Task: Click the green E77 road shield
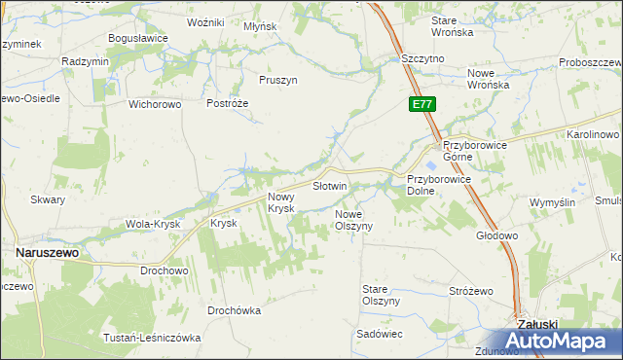[421, 104]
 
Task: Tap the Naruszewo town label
[47, 251]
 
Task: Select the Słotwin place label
[329, 185]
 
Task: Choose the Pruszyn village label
[278, 80]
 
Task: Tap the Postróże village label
[228, 103]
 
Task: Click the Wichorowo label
[157, 103]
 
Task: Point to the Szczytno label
[423, 58]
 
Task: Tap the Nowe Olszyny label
[354, 219]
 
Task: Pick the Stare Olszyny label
[381, 295]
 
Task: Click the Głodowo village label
[496, 235]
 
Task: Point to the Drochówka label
[234, 311]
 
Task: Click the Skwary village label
[48, 199]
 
